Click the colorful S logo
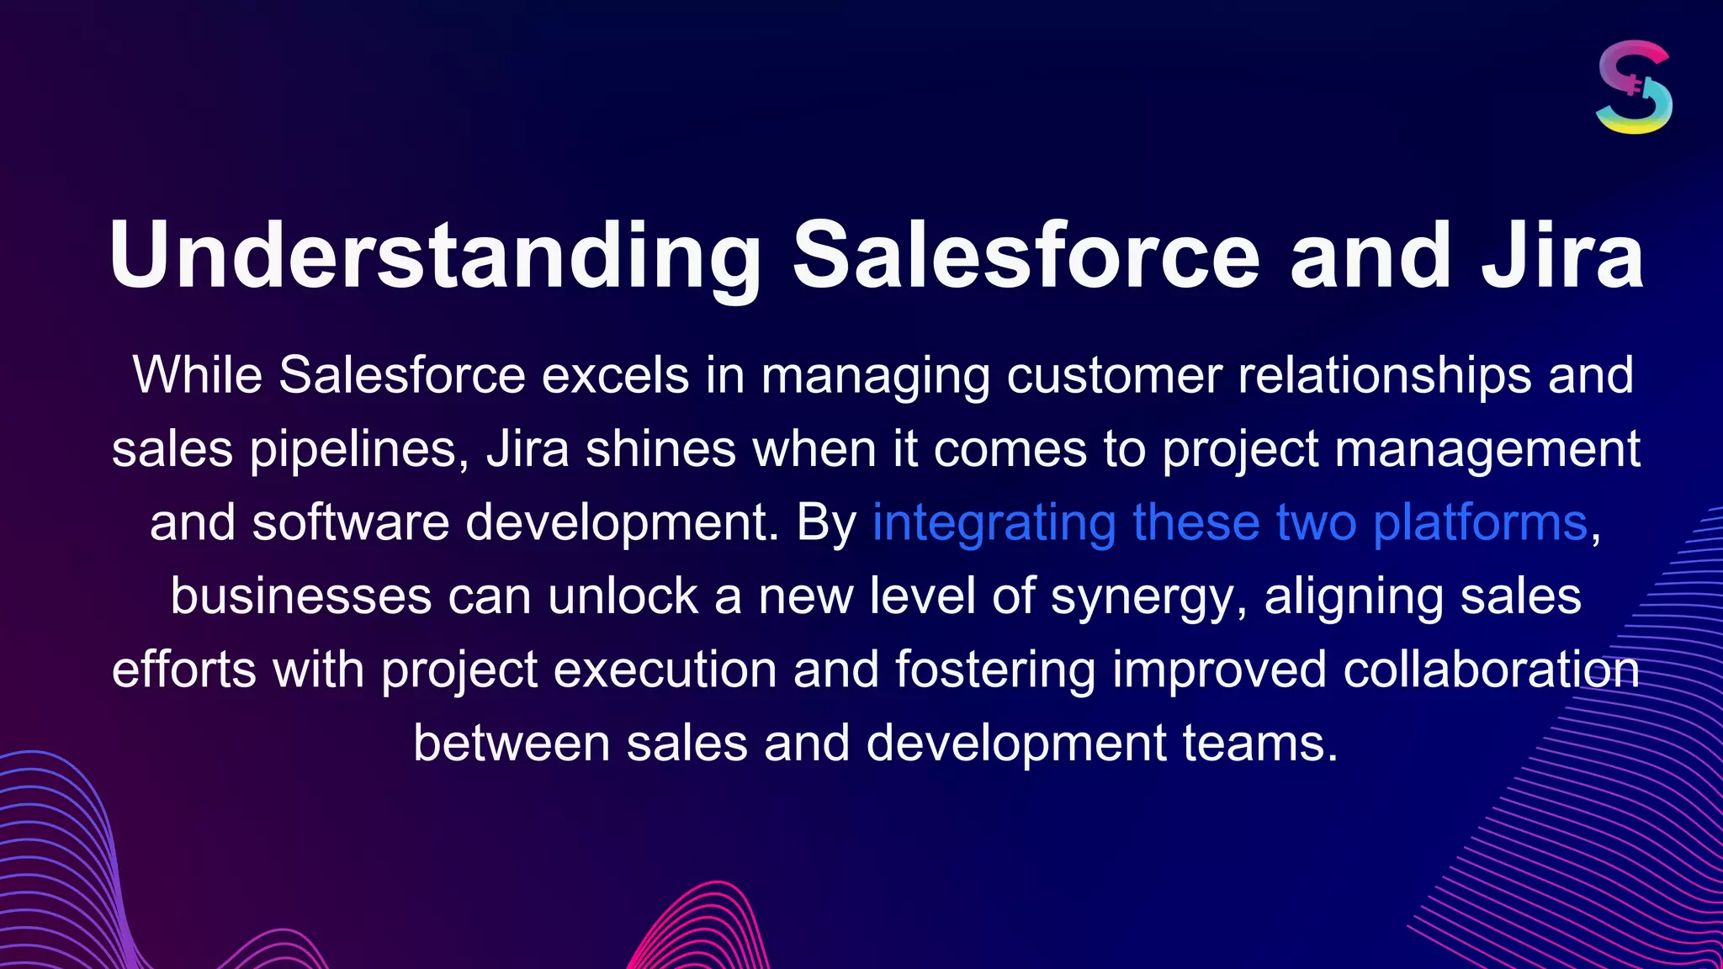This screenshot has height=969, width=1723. point(1633,87)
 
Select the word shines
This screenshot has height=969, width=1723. point(660,449)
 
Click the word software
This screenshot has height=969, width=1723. point(351,522)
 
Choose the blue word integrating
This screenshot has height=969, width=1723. point(994,522)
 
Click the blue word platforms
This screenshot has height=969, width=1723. point(1480,522)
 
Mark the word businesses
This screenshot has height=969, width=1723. point(301,596)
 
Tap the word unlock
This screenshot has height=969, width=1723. point(623,596)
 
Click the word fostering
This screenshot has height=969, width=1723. point(994,670)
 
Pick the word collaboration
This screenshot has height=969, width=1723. point(1491,670)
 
